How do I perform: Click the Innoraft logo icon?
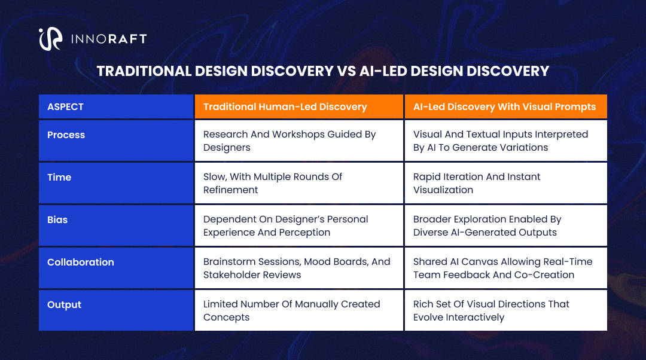pos(50,39)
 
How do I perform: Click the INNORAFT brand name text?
pos(109,39)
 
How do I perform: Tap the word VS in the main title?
pos(345,71)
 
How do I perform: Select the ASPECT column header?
pos(65,107)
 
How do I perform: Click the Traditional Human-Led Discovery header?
pos(285,107)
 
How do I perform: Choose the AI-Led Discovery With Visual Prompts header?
pos(504,107)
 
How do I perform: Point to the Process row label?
pos(66,135)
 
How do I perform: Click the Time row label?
pos(59,178)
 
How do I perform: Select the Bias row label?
pos(57,220)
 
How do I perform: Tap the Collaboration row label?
pos(81,263)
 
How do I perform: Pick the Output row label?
pos(64,305)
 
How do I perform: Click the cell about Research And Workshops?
pos(290,141)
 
